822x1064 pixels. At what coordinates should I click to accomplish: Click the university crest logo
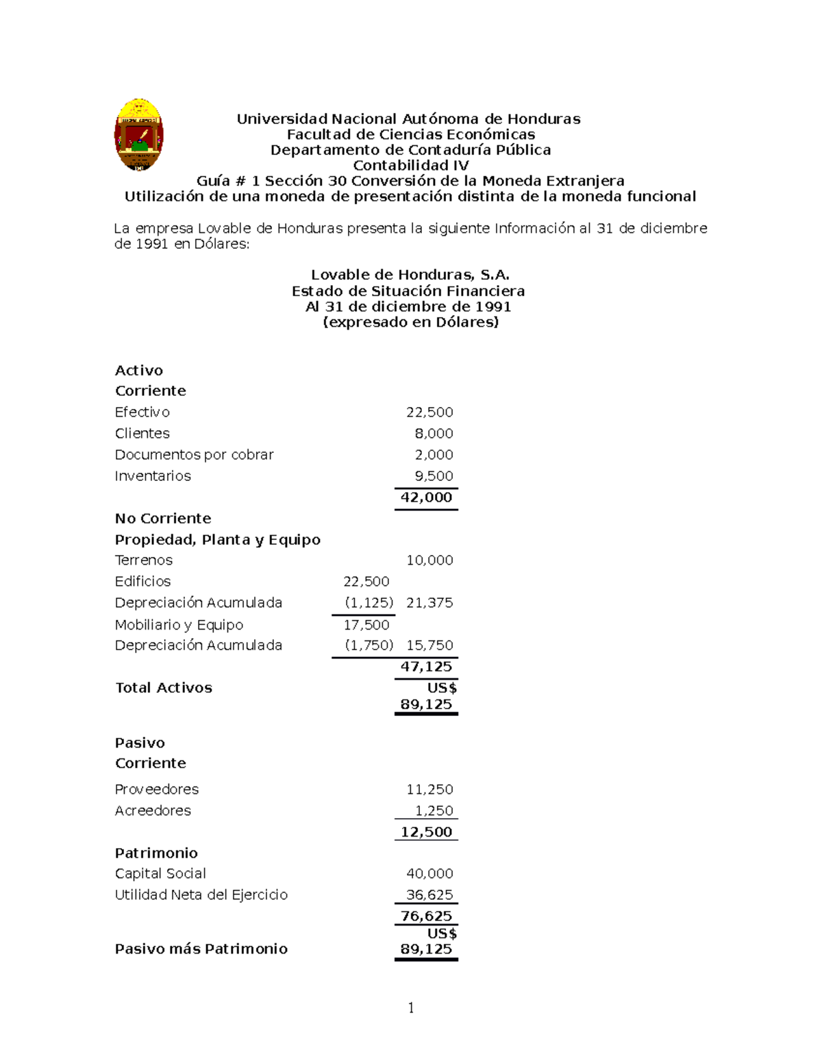coord(138,134)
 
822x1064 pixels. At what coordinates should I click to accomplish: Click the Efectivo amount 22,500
coord(429,412)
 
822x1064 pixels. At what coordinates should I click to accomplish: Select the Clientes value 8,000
coord(434,434)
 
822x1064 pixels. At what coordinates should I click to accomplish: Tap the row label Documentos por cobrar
coord(194,455)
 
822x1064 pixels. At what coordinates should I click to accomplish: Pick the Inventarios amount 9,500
coord(434,476)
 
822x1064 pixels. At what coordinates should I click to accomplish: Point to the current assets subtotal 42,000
coord(426,497)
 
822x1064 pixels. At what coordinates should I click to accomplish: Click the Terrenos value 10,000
coord(429,560)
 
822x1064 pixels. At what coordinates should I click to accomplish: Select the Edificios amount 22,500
coord(366,582)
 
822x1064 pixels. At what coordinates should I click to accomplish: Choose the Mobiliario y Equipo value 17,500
coord(366,625)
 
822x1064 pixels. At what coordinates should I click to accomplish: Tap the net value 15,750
coord(429,645)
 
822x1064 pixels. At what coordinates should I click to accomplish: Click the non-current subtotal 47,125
coord(426,667)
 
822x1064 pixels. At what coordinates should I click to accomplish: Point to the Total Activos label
coord(164,688)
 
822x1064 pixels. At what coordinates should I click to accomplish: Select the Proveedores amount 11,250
coord(429,789)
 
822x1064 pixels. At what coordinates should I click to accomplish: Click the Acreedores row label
coord(153,811)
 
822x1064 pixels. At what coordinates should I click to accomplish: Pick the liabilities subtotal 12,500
coord(426,832)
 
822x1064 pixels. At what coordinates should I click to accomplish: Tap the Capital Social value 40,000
coord(429,874)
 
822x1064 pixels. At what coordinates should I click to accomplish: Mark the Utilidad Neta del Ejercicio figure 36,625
coord(429,895)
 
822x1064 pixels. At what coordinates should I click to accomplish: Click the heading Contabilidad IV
coord(410,165)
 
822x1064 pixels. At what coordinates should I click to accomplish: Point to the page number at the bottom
coord(411,1008)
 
